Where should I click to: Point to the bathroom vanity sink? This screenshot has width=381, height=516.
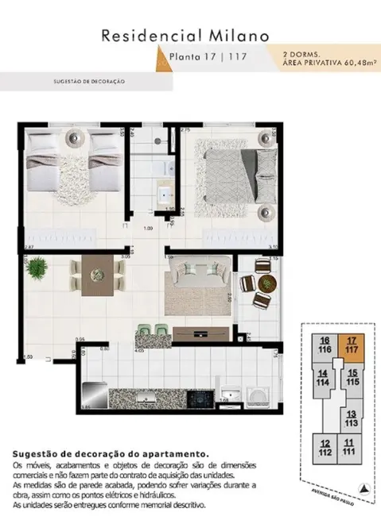coord(167,194)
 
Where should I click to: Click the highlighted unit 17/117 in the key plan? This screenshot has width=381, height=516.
coord(349,347)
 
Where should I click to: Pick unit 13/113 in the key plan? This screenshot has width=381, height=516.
coord(351,418)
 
